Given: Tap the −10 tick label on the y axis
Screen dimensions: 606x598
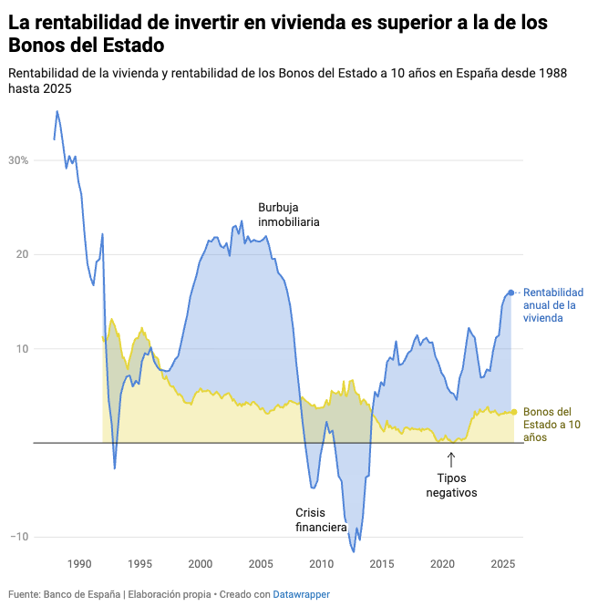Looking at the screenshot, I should tap(19, 537).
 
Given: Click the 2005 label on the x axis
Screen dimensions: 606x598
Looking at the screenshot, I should tap(261, 563).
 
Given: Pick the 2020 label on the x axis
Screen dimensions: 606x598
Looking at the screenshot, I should tap(442, 563).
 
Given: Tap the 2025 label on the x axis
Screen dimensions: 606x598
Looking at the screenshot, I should tap(502, 563).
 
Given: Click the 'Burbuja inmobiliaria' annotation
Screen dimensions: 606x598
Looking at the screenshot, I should tap(288, 214).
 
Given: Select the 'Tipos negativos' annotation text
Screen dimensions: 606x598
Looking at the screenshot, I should tap(450, 485).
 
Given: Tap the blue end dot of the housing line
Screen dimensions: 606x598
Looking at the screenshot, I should tap(510, 293).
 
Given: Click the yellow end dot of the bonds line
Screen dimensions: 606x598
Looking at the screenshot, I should tap(514, 412).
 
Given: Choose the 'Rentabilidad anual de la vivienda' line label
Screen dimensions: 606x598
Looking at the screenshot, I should tap(552, 305).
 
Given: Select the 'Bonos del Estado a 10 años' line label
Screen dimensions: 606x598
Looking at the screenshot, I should tap(552, 425).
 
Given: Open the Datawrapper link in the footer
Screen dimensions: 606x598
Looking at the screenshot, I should tap(302, 594).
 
